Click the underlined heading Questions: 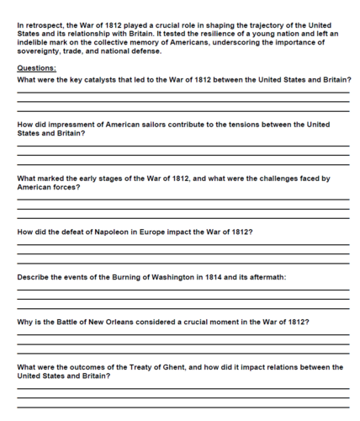[x=37, y=67]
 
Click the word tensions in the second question [x=242, y=125]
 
